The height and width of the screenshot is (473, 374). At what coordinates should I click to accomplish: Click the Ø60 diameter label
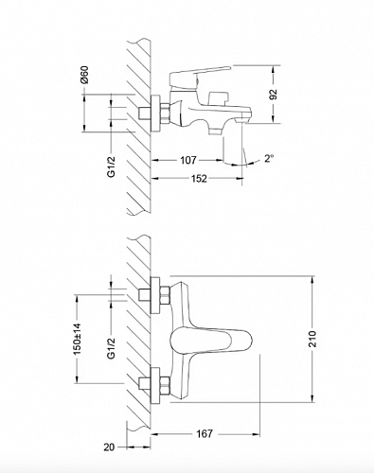pos(84,75)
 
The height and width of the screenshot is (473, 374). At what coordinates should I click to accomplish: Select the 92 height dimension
pos(274,95)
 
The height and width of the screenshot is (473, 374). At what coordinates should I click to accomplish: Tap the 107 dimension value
pos(188,160)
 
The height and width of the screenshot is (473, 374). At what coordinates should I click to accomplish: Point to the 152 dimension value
pos(199,179)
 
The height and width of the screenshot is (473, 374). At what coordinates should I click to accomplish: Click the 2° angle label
pos(268,159)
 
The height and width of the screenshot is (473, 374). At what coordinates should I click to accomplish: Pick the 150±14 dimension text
pos(78,339)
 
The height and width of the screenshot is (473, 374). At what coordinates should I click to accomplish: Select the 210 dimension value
pos(312,339)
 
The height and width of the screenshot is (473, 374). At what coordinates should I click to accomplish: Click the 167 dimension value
pos(205,434)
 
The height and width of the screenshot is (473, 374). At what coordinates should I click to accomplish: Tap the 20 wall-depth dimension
pos(109,447)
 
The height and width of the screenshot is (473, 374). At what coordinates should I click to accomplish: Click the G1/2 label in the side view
pos(112,166)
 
